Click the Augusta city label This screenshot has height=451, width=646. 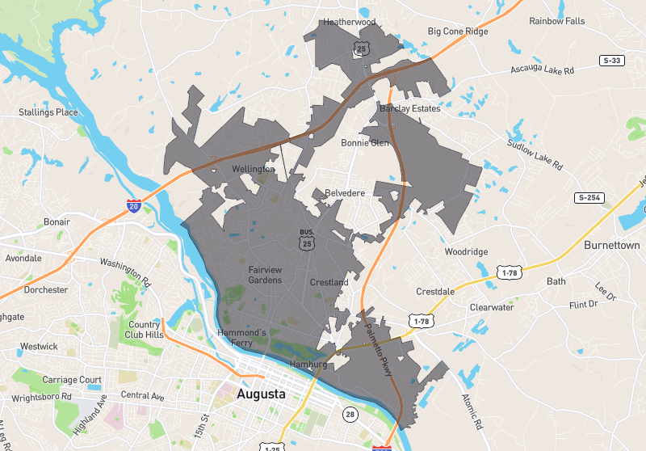click(x=262, y=395)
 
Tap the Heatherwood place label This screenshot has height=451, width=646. click(x=350, y=23)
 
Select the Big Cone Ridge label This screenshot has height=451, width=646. click(x=458, y=32)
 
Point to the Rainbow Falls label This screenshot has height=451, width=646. click(x=556, y=21)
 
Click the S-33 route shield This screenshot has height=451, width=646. click(x=611, y=60)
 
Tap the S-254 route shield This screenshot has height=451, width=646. click(x=590, y=198)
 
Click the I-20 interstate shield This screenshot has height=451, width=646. click(x=134, y=207)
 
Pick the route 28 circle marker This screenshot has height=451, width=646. click(x=349, y=414)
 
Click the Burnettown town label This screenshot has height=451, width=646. click(x=611, y=245)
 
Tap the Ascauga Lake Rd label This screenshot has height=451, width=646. click(x=542, y=71)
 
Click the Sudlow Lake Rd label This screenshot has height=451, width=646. click(x=534, y=154)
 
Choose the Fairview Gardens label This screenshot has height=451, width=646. click(x=265, y=275)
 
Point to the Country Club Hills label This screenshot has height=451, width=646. click(x=145, y=330)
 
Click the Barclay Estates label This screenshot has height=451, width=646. click(x=409, y=108)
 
